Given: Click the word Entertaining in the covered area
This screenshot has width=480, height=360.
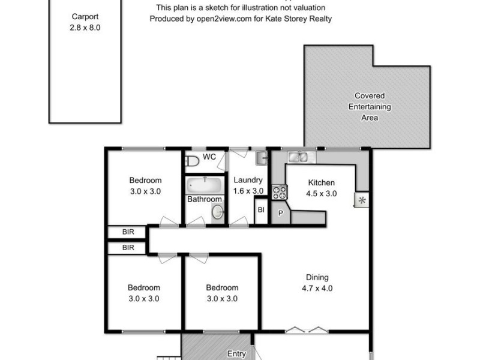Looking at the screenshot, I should (370, 107).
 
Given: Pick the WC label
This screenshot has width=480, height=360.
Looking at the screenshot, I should (209, 157).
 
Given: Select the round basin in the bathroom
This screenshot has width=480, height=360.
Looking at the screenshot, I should (217, 211).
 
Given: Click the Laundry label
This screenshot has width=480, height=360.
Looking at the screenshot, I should (247, 180).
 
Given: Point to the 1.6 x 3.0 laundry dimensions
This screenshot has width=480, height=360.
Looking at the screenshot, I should (247, 190).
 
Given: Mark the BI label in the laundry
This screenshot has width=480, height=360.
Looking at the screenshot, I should (261, 210).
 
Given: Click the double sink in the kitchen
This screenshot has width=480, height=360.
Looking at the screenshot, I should (298, 158).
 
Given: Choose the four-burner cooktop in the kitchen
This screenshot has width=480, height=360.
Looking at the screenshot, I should (280, 192).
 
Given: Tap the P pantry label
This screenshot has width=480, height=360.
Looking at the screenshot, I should (280, 213).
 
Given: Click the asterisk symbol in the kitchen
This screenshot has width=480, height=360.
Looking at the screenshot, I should (362, 200).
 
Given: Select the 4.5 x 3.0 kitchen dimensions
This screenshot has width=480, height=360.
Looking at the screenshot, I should (321, 193).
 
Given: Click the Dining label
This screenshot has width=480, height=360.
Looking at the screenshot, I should (317, 277).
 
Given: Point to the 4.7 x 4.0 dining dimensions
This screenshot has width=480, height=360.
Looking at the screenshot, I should (317, 288).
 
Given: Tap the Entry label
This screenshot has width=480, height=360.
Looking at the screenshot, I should (237, 354).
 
